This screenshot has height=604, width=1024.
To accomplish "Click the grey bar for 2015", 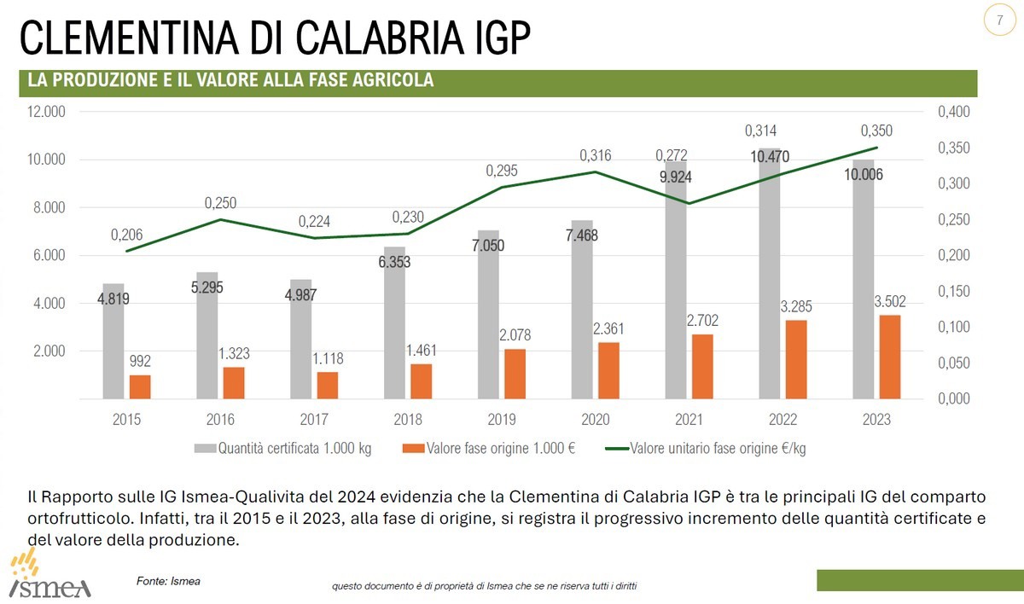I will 113,341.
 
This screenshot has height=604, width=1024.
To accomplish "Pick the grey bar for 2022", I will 770,273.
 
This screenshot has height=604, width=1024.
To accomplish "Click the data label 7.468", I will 582,235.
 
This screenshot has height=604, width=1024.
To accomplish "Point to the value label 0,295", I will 502,171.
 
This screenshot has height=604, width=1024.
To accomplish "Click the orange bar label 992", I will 140,362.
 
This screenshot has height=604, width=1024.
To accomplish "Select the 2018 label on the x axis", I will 408,419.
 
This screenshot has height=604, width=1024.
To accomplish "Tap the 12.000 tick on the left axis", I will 48,112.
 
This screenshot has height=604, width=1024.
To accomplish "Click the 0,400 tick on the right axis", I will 954,112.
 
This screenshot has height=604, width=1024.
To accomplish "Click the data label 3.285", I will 796,305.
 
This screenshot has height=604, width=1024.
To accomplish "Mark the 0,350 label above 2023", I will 876,131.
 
